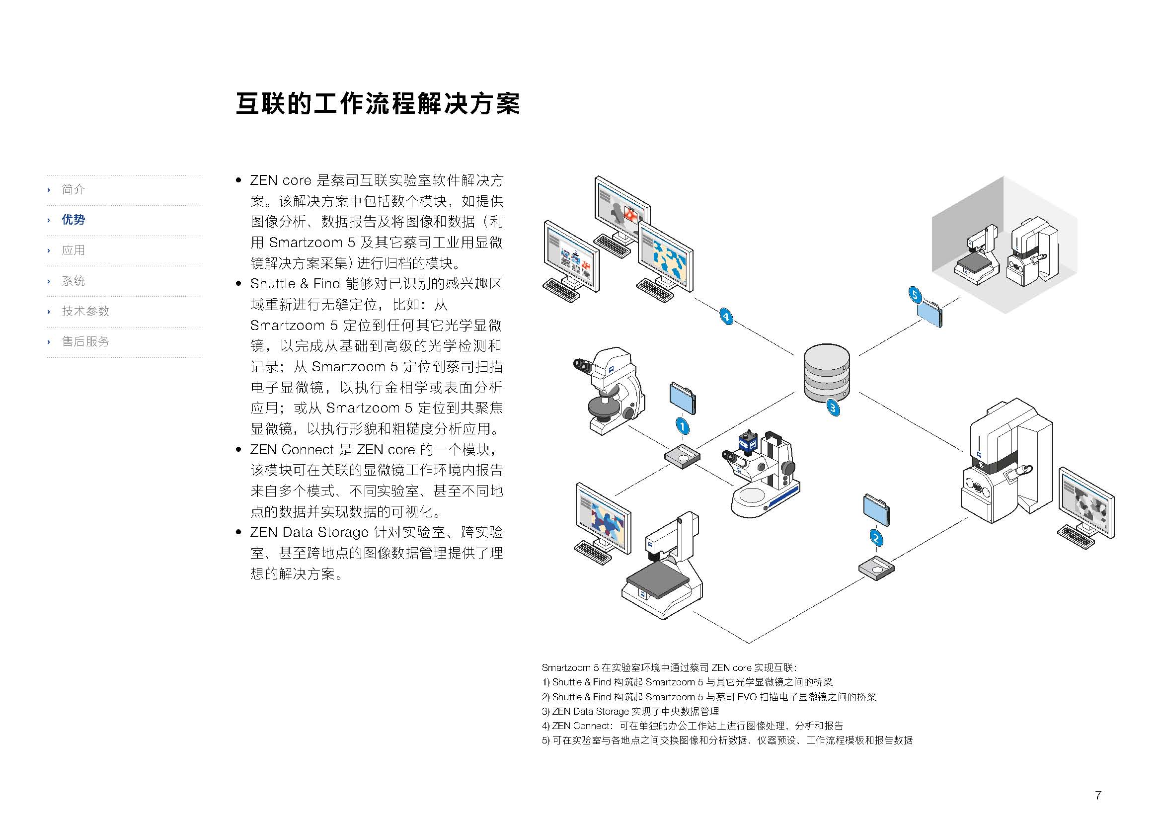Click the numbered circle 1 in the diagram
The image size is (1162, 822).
pos(682,426)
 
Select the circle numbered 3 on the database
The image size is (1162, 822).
pos(833,408)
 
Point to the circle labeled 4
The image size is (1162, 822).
pos(726,317)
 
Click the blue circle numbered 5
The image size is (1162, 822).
pos(915,295)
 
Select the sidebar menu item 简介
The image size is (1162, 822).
pos(73,189)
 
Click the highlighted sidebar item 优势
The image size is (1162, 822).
pos(73,220)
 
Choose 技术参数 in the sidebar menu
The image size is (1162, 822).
pos(85,311)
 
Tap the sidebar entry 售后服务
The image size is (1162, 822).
pos(85,341)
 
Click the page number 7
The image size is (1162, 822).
pos(1098,795)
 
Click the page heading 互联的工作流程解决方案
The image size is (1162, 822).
pos(378,104)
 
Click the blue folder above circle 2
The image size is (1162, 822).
pos(876,510)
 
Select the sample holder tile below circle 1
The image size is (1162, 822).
pos(682,456)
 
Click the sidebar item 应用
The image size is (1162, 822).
pos(73,250)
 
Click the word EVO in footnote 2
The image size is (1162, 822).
pos(747,697)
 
